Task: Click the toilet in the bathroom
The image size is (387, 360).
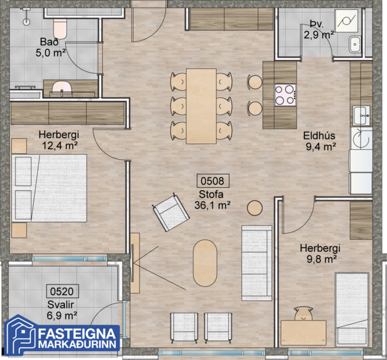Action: click(x=60, y=27)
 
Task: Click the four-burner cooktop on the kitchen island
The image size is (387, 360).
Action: click(x=285, y=94)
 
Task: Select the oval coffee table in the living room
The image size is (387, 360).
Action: click(x=205, y=263)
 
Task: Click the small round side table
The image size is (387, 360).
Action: click(x=255, y=207)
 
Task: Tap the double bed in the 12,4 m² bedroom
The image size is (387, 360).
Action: click(x=51, y=187)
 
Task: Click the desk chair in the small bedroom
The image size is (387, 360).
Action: click(x=303, y=315)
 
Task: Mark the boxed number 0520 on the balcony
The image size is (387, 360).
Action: click(x=62, y=291)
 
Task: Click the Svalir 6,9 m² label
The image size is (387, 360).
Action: click(x=62, y=311)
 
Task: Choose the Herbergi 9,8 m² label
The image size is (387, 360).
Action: click(x=320, y=253)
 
